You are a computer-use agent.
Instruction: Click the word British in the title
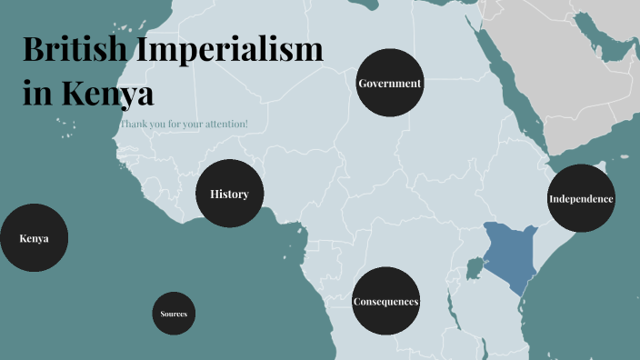click(x=74, y=50)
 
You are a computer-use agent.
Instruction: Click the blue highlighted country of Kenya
click(x=505, y=251)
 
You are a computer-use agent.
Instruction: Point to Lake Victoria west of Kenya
click(x=473, y=269)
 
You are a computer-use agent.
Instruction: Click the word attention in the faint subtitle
click(x=224, y=123)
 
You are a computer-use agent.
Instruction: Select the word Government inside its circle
click(x=390, y=84)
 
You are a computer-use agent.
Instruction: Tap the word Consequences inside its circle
click(x=385, y=302)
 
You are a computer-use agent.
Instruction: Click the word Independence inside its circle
click(x=581, y=199)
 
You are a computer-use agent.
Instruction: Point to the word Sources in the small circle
click(x=174, y=314)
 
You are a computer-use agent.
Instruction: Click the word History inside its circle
click(x=229, y=194)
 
